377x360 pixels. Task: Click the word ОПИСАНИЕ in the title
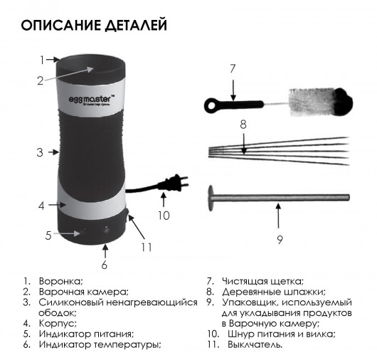[61, 25]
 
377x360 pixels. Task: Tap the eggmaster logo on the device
[91, 100]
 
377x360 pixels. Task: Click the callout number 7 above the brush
[233, 69]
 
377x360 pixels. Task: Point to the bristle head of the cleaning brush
[321, 102]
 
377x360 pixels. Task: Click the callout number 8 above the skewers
[243, 125]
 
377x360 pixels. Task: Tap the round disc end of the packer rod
[211, 198]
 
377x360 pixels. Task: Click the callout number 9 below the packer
[280, 240]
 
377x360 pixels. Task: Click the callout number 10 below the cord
[164, 216]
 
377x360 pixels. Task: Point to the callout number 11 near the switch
[147, 248]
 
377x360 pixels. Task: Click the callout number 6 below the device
[104, 265]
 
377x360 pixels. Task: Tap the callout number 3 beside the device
[40, 152]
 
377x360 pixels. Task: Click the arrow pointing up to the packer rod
[278, 216]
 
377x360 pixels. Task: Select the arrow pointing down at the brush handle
[233, 90]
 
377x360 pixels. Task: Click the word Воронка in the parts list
[61, 281]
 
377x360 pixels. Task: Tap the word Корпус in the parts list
[58, 324]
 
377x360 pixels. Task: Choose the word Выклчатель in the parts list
[255, 344]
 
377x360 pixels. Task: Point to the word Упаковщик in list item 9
[250, 302]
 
